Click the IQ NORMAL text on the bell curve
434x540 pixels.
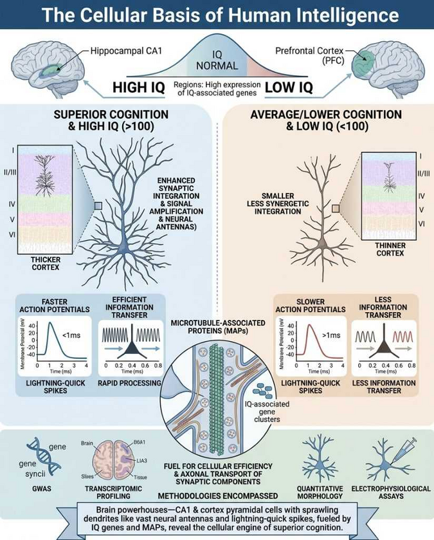point(217,61)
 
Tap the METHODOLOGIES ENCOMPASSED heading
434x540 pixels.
point(217,496)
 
